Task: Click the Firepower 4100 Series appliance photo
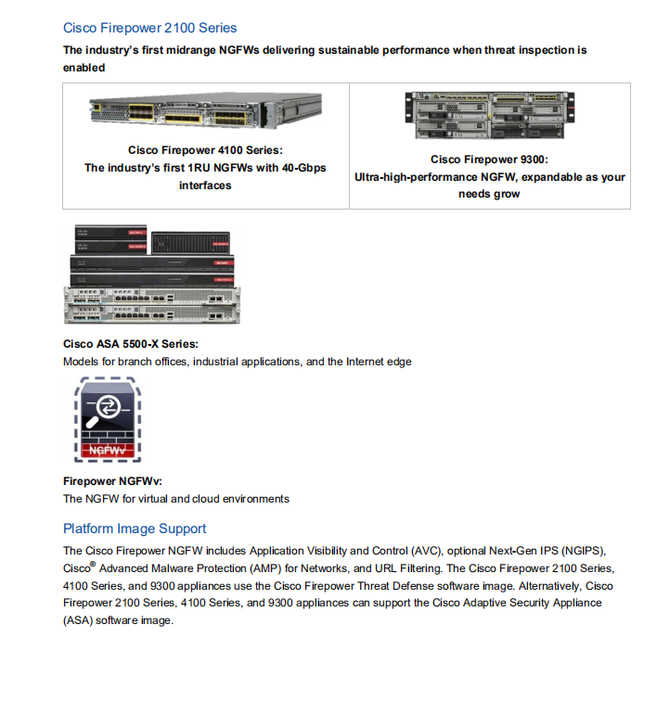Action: click(x=205, y=113)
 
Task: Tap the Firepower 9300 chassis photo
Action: click(x=489, y=115)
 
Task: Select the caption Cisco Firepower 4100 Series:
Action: click(x=205, y=150)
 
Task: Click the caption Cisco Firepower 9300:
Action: click(x=489, y=159)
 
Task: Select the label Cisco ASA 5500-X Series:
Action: click(x=130, y=344)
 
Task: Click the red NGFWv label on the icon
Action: click(x=107, y=451)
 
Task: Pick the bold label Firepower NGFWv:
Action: click(x=111, y=481)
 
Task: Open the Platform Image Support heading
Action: click(x=135, y=529)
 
